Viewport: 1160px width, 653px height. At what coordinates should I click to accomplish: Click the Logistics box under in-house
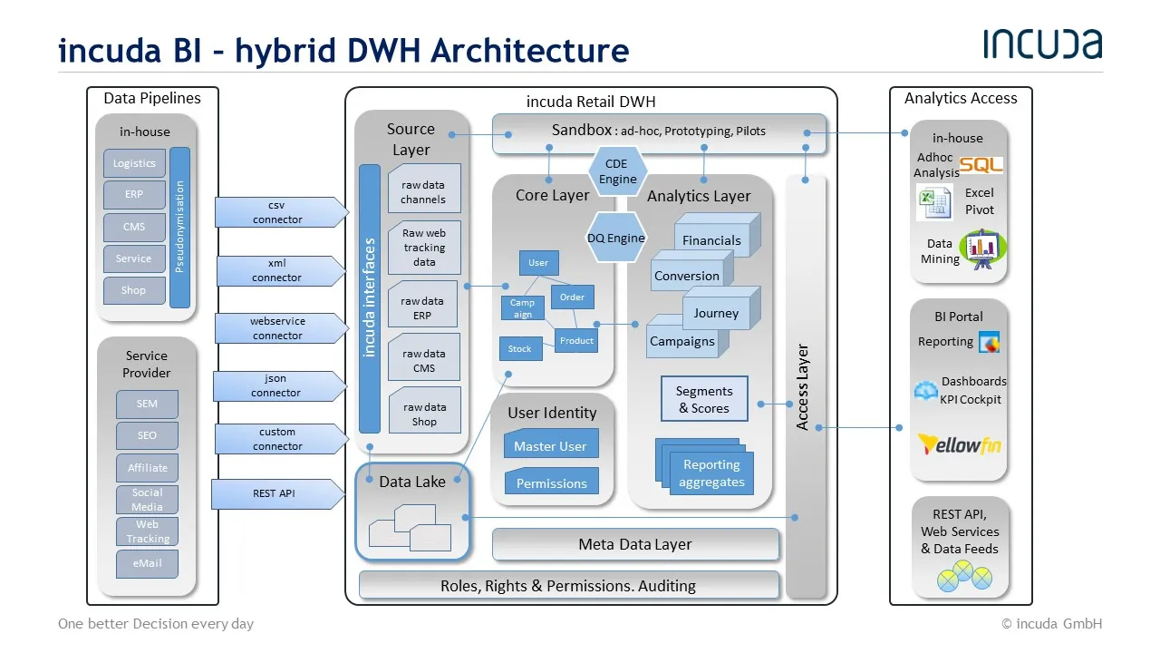click(x=134, y=164)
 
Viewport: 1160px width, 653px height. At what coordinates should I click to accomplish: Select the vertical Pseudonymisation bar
click(x=179, y=227)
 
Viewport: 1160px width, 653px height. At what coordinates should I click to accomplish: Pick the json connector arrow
click(x=279, y=385)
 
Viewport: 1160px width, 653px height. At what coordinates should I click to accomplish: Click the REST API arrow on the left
click(x=277, y=494)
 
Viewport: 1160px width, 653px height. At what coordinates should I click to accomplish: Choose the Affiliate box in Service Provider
click(x=147, y=468)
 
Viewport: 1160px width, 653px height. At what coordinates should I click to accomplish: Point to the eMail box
click(x=147, y=563)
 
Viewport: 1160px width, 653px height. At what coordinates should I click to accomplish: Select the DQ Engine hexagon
click(x=616, y=239)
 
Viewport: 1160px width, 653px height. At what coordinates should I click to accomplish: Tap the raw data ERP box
click(x=423, y=308)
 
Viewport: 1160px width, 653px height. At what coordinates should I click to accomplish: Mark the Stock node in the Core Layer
click(x=520, y=349)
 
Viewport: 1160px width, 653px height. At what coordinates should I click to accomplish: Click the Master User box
click(x=550, y=446)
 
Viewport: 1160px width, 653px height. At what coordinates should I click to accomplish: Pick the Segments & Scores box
click(x=704, y=400)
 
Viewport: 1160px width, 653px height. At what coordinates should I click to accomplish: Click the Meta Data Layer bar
click(x=635, y=545)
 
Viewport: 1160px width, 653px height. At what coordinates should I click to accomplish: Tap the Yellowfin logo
click(x=960, y=444)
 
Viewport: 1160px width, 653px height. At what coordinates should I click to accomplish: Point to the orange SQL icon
click(x=981, y=165)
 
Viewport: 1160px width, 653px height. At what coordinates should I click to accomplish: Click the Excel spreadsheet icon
click(x=933, y=202)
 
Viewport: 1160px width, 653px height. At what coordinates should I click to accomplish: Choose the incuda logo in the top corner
click(x=1042, y=44)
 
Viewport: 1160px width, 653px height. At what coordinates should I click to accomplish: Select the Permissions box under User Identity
click(x=552, y=483)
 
